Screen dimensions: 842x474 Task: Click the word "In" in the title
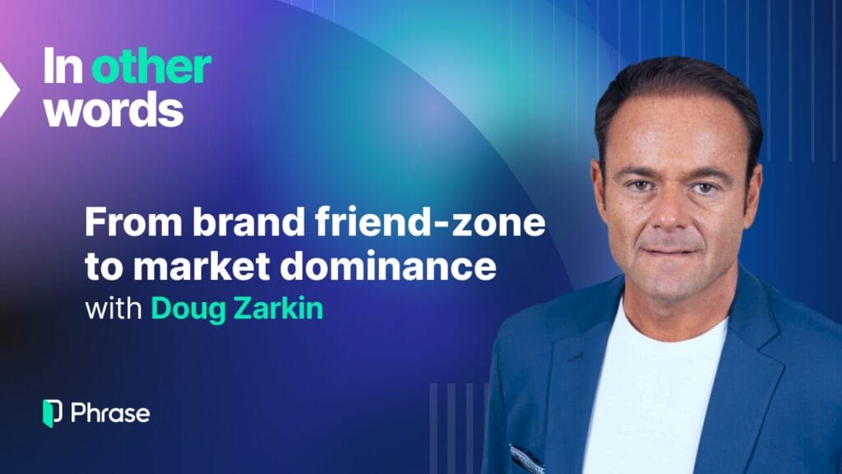(62, 66)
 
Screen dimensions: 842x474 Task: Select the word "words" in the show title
(113, 109)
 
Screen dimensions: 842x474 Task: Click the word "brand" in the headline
(249, 221)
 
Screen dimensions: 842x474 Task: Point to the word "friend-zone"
(430, 221)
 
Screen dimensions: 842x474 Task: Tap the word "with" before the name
(113, 309)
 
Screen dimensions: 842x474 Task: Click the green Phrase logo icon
(52, 413)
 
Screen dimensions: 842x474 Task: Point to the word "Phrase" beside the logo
(111, 413)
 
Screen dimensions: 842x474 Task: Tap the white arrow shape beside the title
(7, 90)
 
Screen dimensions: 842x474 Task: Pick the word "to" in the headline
(104, 267)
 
